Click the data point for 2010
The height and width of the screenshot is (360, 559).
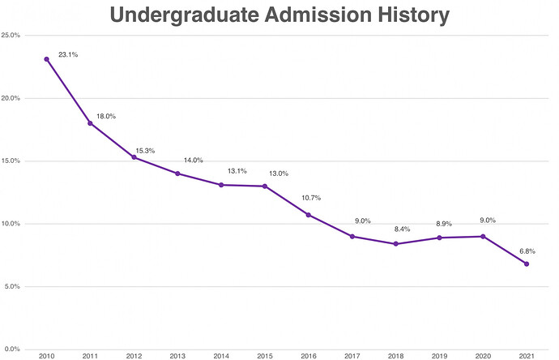pos(46,59)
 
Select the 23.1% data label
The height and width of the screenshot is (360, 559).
pos(68,54)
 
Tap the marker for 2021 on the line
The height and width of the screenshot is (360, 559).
pos(527,264)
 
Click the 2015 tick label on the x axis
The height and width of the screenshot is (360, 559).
pos(264,355)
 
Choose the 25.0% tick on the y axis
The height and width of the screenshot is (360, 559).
pos(12,35)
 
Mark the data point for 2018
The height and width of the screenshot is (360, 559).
pos(395,244)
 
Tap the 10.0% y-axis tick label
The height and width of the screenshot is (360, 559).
pos(12,224)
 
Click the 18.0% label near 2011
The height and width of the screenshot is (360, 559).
pos(106,117)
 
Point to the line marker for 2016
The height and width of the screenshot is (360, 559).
pos(308,215)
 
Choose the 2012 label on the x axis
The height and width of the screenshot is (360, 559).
pos(134,355)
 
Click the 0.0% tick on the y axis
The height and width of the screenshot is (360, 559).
pos(14,349)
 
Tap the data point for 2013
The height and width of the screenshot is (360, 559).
pos(177,174)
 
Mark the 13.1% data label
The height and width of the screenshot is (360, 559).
pos(235,171)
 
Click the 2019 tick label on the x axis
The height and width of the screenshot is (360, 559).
pos(439,355)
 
